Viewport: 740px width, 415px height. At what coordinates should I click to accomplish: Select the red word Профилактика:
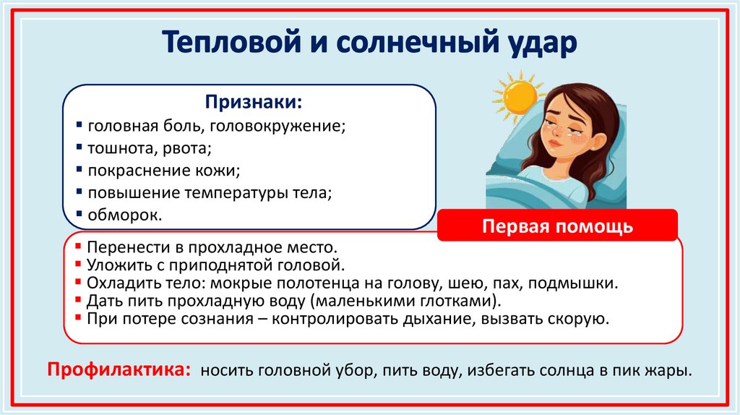(x=119, y=370)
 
